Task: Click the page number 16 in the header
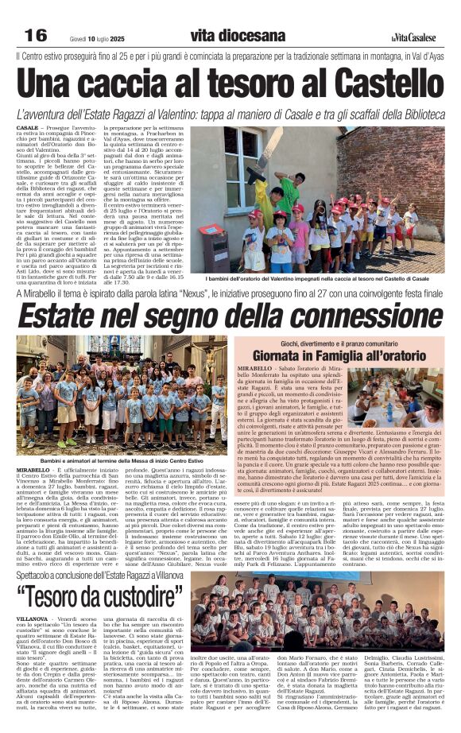tap(36, 35)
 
